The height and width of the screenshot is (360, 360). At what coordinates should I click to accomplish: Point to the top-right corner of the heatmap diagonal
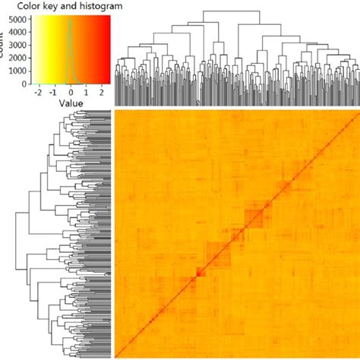coord(358,112)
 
